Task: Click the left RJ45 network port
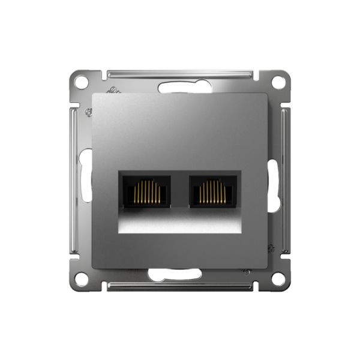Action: pos(145,191)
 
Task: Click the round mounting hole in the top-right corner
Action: pos(278,80)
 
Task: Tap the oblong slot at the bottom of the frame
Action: pos(173,275)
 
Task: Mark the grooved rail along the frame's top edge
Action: pos(180,74)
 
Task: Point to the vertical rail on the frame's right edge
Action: pos(286,180)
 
